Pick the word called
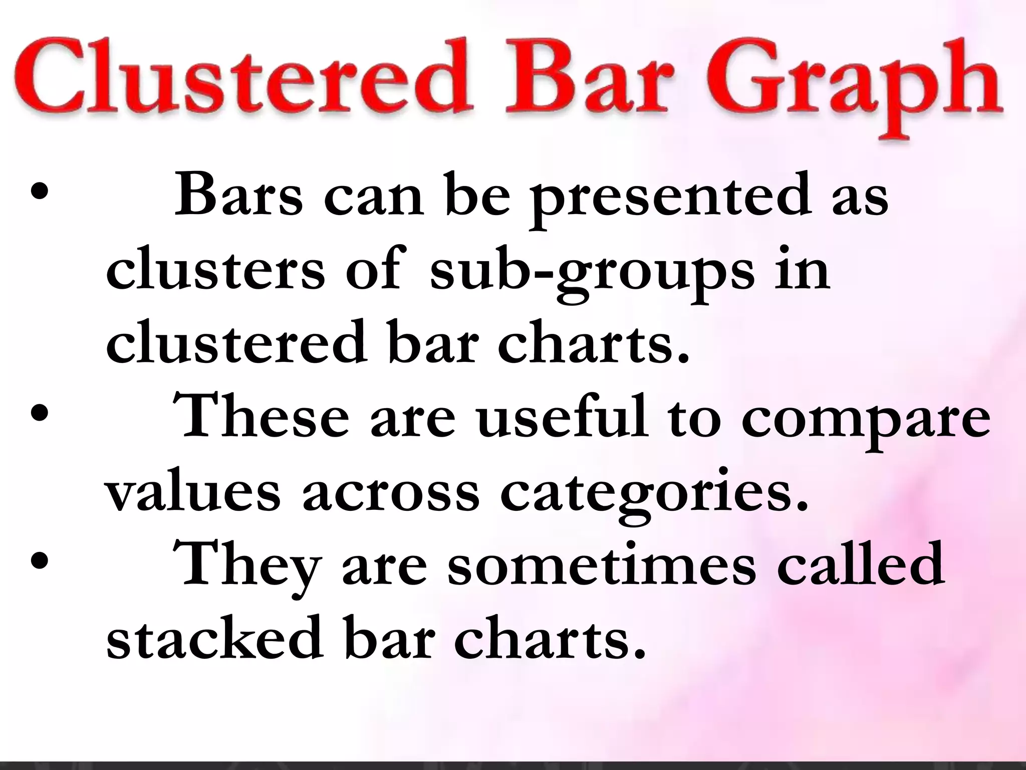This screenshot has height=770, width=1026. tap(861, 563)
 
